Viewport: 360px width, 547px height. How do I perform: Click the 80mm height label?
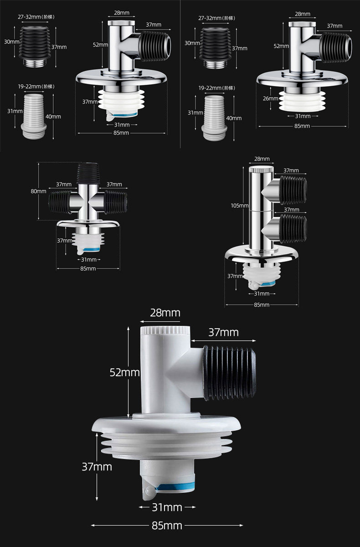coord(38,191)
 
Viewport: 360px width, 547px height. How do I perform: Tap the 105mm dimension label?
coord(239,206)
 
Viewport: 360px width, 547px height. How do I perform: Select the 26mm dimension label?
coord(270,98)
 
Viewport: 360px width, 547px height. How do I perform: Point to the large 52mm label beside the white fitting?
coord(124,372)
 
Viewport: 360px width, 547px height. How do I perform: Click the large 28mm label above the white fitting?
coord(165,313)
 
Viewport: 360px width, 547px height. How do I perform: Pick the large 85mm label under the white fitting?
coord(167,526)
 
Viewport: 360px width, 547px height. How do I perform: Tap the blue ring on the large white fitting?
coord(175,488)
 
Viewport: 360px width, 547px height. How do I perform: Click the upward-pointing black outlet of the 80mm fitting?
coord(88,173)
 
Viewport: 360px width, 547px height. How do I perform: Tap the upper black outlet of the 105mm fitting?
coord(293,190)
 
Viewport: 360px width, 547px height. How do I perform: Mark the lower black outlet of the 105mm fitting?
coord(293,228)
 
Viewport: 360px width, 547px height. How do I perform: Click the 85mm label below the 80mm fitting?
coord(88,268)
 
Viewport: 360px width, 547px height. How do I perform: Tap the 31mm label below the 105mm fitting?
coord(262,294)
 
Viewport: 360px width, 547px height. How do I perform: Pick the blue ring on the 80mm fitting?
coord(92,249)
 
